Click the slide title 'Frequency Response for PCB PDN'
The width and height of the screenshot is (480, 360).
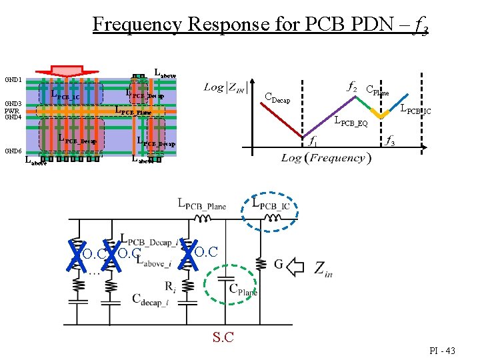[x=260, y=25]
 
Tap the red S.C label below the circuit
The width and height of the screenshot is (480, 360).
[x=223, y=337]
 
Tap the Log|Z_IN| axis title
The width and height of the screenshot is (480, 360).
[x=223, y=87]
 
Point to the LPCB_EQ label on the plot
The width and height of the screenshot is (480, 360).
[x=351, y=122]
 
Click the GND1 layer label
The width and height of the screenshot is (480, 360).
[x=13, y=80]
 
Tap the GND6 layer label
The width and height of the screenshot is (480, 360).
[x=13, y=151]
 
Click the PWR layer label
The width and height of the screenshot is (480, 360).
[x=13, y=111]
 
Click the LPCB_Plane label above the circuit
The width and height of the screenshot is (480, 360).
[x=202, y=205]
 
